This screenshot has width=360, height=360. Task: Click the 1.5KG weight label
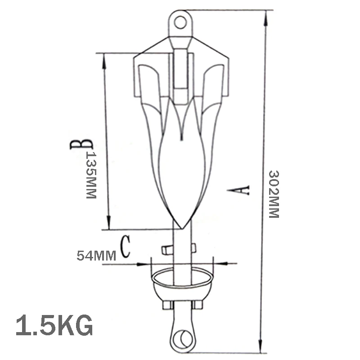coord(54,325)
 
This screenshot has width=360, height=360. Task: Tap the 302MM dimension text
coord(274,194)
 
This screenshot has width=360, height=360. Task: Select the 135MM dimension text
coord(91,175)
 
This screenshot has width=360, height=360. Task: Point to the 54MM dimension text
coord(96,256)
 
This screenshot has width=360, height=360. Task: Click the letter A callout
coord(238,190)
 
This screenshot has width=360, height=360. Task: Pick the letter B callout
coord(81,144)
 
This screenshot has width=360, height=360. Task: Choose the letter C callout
coord(126,246)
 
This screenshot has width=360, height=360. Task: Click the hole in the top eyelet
coord(180,22)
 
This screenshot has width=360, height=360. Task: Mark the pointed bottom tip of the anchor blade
coord(182,229)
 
